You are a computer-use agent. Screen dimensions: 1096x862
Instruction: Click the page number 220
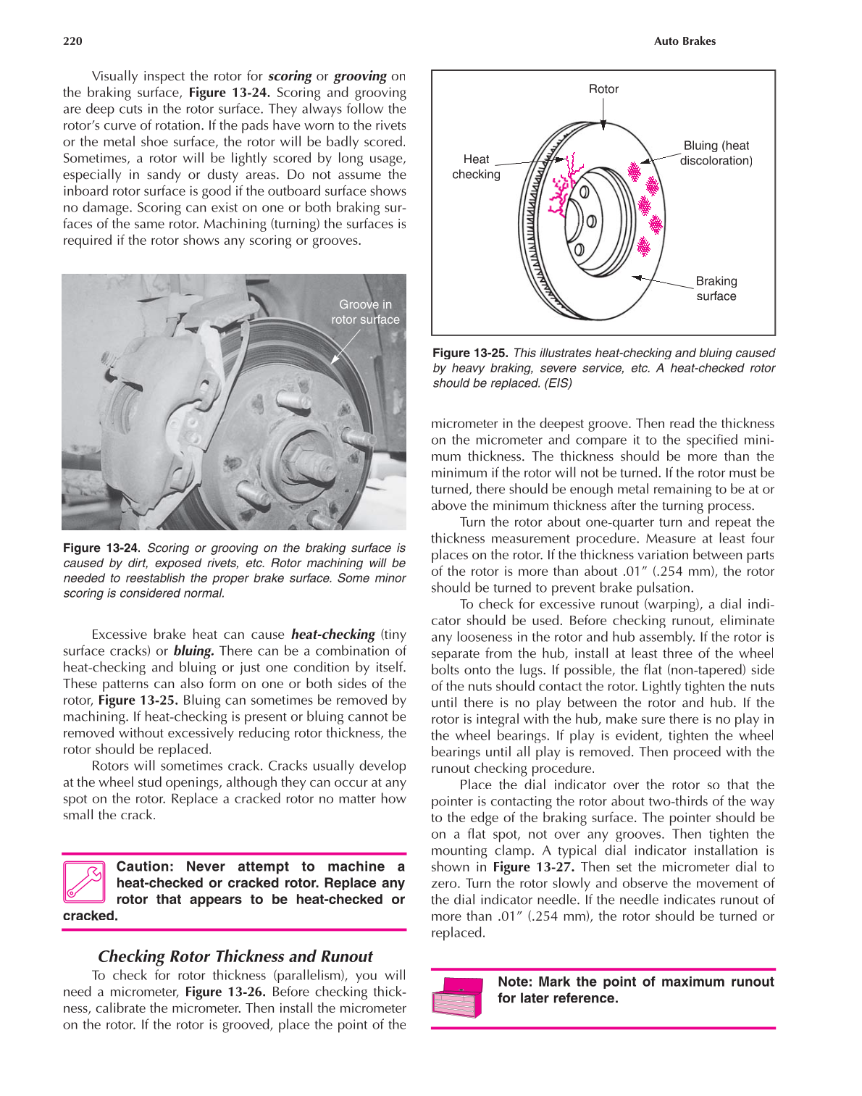point(72,41)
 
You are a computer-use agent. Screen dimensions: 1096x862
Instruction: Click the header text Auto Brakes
point(684,41)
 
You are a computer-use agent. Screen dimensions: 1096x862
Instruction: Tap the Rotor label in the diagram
point(603,89)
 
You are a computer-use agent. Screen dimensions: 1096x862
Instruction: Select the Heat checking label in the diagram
point(476,167)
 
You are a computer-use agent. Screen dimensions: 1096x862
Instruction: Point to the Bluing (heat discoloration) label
point(716,153)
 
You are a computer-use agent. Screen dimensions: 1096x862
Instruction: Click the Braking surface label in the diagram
point(716,288)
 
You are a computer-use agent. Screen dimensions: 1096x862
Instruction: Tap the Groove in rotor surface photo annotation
point(365,312)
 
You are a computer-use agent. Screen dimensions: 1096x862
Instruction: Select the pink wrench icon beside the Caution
point(85,882)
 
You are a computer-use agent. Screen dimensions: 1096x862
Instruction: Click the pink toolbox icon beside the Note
point(457,997)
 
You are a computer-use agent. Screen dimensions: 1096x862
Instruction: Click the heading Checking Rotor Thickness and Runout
point(235,956)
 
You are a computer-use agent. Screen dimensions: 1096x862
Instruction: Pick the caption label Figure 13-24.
point(101,548)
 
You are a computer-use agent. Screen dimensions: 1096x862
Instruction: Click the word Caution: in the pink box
point(145,866)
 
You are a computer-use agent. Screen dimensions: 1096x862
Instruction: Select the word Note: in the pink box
point(515,982)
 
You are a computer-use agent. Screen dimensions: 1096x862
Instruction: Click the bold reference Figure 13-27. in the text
point(534,867)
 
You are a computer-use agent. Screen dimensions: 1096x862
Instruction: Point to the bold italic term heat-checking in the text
point(332,635)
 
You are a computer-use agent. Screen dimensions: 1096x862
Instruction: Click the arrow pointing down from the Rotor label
point(603,114)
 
